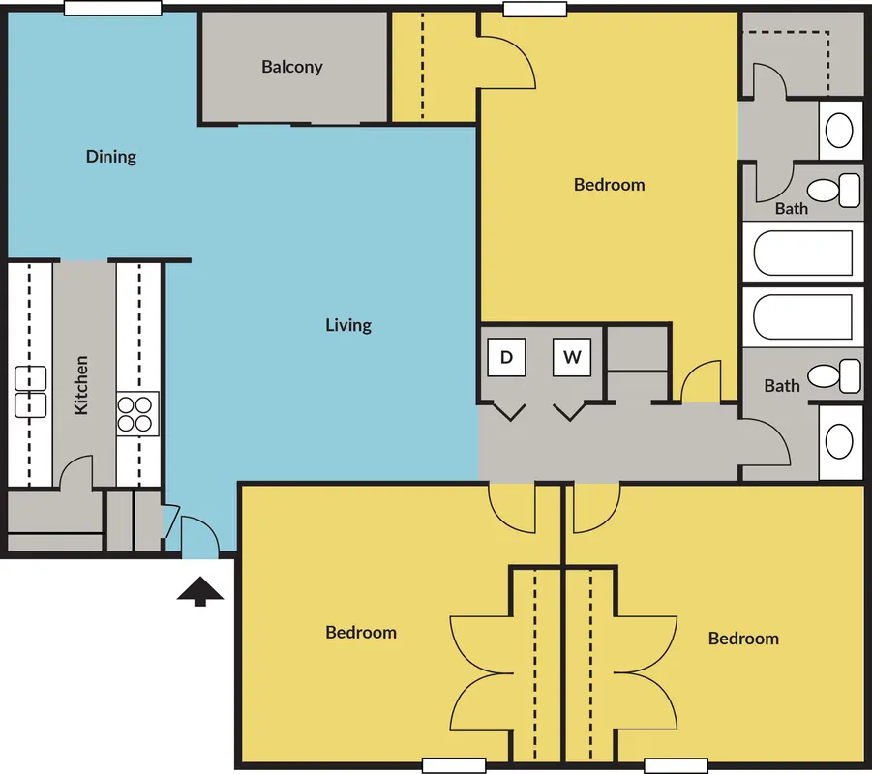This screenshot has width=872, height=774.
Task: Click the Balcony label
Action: point(292,67)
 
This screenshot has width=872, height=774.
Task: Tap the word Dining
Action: point(111,157)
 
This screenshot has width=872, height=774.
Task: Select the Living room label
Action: point(348,325)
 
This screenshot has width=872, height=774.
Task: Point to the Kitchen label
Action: point(81,385)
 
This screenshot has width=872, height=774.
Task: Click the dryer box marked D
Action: point(506,357)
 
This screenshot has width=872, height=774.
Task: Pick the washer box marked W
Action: point(572,357)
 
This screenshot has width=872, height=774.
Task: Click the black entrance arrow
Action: point(200,591)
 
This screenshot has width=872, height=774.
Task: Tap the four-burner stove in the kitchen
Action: point(137,414)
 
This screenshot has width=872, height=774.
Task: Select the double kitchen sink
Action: point(31,392)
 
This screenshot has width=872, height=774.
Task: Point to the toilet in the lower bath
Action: point(834,376)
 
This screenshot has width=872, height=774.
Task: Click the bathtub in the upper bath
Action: point(803,253)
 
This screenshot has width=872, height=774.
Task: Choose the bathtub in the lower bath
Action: point(803,317)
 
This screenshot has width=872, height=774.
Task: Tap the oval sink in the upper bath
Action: point(839,131)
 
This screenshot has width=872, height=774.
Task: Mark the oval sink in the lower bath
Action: point(839,442)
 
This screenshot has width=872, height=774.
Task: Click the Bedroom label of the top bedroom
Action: point(610,185)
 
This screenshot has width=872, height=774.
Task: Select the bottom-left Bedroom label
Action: point(361,632)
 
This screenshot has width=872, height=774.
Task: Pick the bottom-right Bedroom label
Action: point(743,639)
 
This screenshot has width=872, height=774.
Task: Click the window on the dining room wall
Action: point(113,8)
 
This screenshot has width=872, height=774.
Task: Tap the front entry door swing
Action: point(200,534)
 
